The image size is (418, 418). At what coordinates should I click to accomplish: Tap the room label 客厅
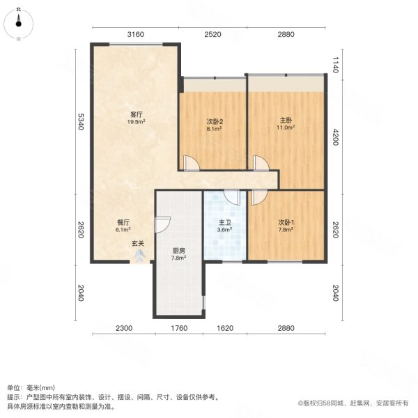pyautogui.click(x=136, y=114)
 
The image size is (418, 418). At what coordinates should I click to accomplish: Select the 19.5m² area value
pyautogui.click(x=136, y=122)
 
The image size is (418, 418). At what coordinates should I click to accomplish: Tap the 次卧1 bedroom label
pyautogui.click(x=286, y=224)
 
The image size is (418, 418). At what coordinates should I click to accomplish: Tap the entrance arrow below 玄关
pyautogui.click(x=139, y=255)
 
